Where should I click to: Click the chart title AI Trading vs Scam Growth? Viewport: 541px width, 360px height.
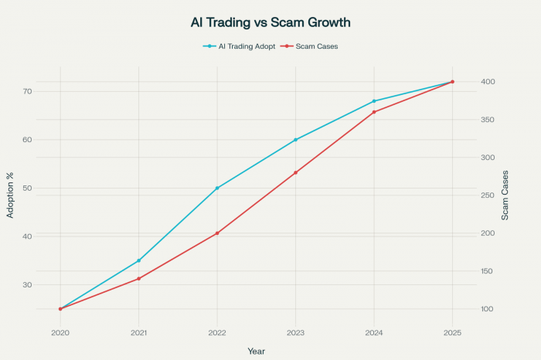pos(270,23)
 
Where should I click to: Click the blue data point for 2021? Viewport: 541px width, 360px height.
pos(138,260)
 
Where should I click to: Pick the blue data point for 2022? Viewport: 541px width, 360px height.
pos(217,188)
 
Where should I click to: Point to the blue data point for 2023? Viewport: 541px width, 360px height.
pos(295,140)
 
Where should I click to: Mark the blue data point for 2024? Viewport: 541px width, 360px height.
pos(374,101)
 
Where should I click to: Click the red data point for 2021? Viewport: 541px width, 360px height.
pos(138,279)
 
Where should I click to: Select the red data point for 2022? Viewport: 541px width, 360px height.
pos(217,233)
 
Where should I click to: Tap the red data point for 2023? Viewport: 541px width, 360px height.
pos(295,172)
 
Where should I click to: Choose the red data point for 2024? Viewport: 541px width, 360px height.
pos(374,112)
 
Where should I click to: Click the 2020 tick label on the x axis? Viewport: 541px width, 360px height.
pos(60,332)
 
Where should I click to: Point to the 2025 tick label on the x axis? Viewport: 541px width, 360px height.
pos(452,332)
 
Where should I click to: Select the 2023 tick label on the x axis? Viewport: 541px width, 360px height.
pos(295,332)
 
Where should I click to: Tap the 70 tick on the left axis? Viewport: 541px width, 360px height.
pos(29,91)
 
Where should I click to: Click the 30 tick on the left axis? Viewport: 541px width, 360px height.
pos(29,284)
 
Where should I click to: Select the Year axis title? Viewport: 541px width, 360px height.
pos(256,351)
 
